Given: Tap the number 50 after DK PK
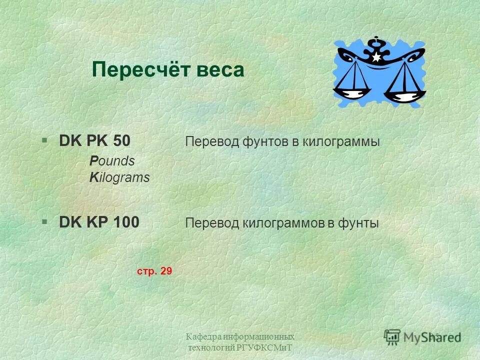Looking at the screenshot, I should [x=121, y=141].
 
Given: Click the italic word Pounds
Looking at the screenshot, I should [x=112, y=161].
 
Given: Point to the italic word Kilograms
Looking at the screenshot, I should [x=119, y=177].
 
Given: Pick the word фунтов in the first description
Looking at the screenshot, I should [x=261, y=142].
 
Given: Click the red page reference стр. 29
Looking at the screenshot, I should [x=154, y=271].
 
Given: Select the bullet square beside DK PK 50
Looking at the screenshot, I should [x=44, y=141].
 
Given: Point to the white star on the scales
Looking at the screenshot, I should [x=376, y=57].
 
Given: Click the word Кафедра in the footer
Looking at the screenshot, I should [x=203, y=336].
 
